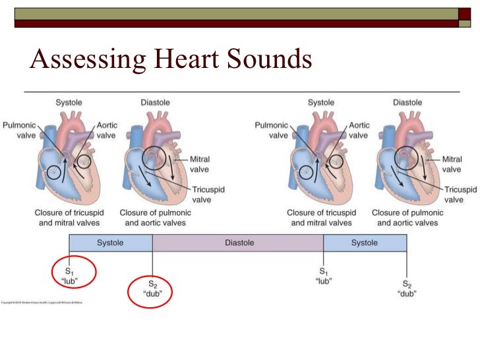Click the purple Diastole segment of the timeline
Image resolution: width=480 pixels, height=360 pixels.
pos(239,243)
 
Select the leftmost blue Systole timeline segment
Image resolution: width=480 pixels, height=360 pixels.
pos(111,243)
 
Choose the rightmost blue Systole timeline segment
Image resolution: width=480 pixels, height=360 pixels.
pos(365,243)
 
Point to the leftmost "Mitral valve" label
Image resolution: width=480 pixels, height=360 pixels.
pos(199,164)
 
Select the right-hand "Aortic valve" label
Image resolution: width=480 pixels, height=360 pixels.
pos(359,130)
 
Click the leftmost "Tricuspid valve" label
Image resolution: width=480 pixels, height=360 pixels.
pos(208,195)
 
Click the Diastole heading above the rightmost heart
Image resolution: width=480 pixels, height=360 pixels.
pos(407,102)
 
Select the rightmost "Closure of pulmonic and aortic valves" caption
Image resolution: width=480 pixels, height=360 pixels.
pos(407,218)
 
